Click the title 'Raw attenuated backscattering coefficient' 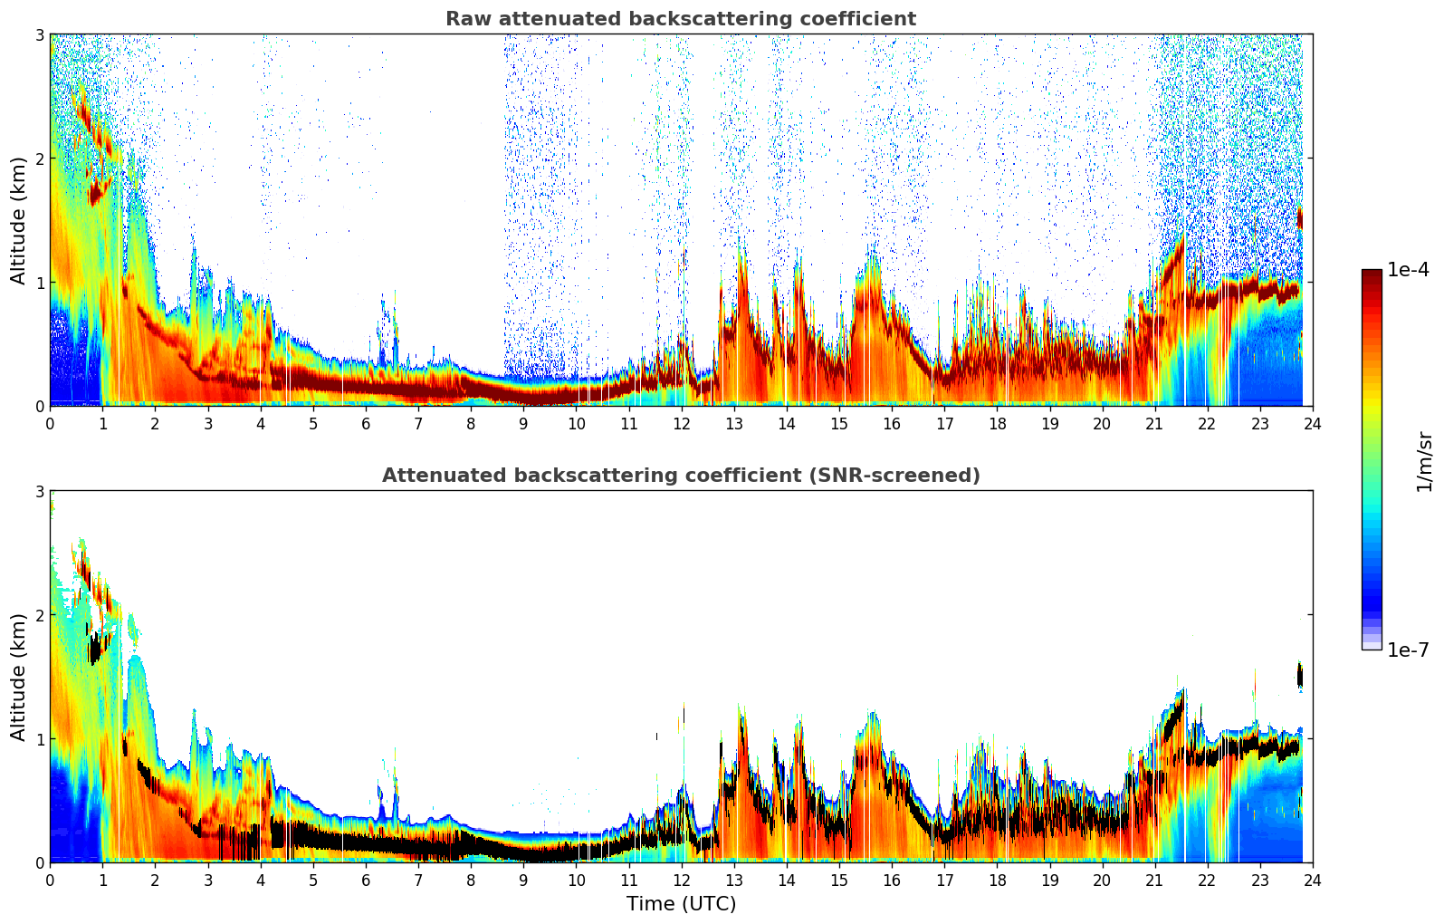coord(680,19)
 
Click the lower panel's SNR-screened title coord(680,476)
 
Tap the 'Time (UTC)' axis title coord(681,904)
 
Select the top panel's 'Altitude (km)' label coord(18,220)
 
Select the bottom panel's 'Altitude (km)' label coord(18,677)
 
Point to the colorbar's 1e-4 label coord(1408,270)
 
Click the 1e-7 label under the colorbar coord(1408,650)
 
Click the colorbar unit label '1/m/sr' coord(1424,460)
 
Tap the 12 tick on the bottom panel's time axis coord(681,880)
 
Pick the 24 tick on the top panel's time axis coord(1312,423)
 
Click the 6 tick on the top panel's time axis coord(366,423)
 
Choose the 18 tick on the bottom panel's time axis coord(997,880)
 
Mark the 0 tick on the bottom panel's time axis coord(50,880)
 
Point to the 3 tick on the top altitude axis coord(39,34)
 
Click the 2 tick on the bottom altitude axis coord(39,615)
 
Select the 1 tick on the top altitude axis coord(39,283)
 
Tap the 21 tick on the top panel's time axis coord(1154,423)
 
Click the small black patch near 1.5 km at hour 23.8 coord(1300,676)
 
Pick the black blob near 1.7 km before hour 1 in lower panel coord(95,649)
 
